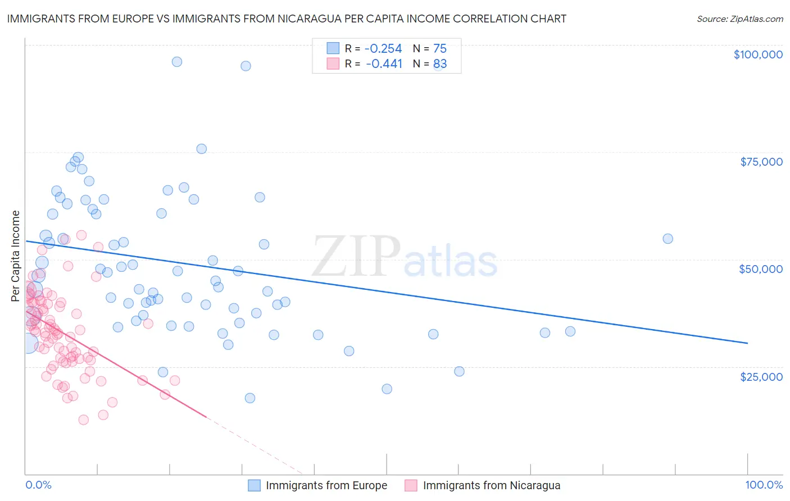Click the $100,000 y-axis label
tap(758, 54)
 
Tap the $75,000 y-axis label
tap(761, 162)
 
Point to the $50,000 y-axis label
tap(761, 269)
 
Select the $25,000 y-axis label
tap(761, 376)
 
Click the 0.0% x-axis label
tap(38, 485)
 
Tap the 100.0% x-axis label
tap(764, 485)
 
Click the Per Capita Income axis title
tap(16, 256)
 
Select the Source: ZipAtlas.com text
tap(739, 19)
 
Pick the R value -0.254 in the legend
tap(384, 48)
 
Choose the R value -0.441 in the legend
tap(384, 63)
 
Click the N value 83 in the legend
tap(440, 63)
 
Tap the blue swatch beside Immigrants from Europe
tap(255, 485)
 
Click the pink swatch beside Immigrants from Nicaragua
tap(411, 485)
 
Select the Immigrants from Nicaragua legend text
tap(491, 485)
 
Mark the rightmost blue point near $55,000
tap(668, 239)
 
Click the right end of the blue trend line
tap(747, 343)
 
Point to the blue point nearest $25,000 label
tap(459, 371)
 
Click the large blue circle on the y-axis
tap(27, 342)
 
